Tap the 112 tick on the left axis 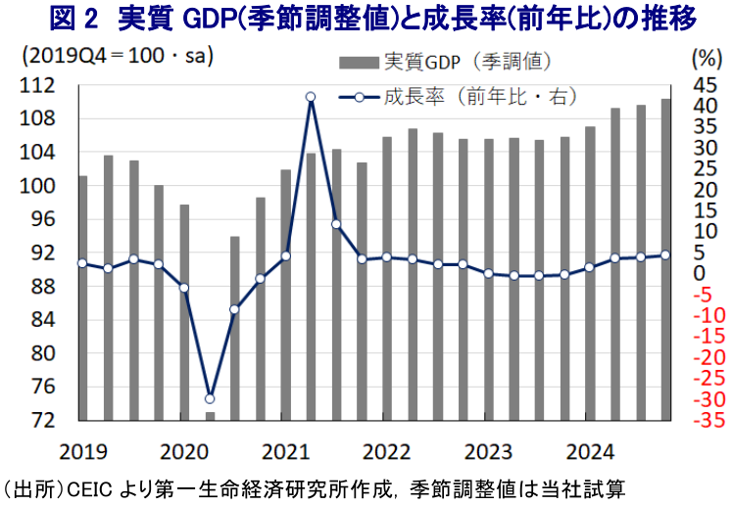point(38,86)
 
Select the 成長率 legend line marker point(360,96)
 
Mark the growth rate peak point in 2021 point(310,97)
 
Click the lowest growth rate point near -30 point(209,398)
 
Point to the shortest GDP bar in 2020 point(209,416)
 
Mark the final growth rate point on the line point(665,254)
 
